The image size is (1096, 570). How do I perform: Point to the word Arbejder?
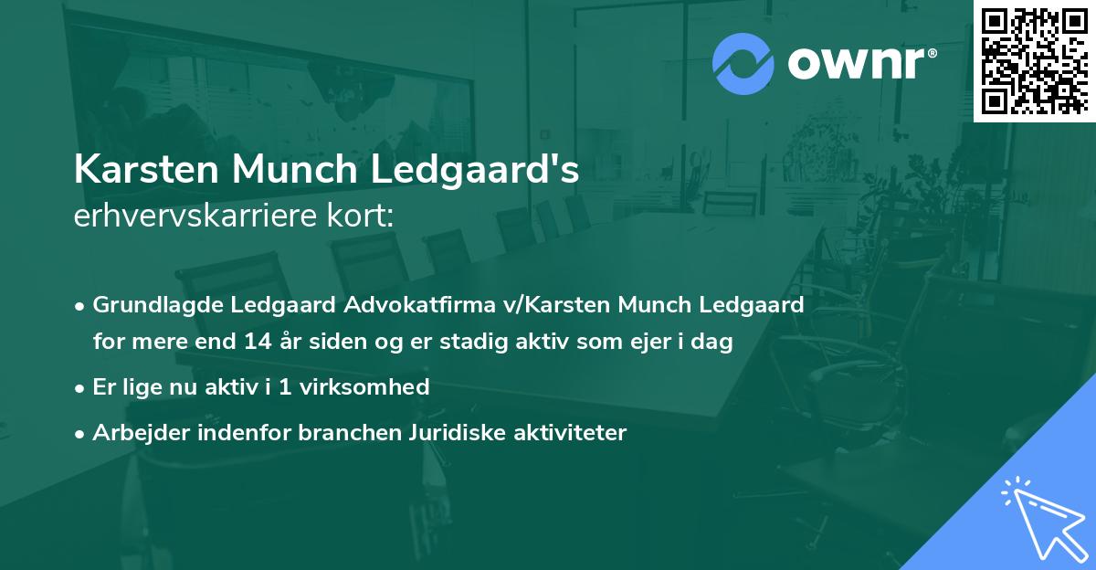pyautogui.click(x=133, y=433)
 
